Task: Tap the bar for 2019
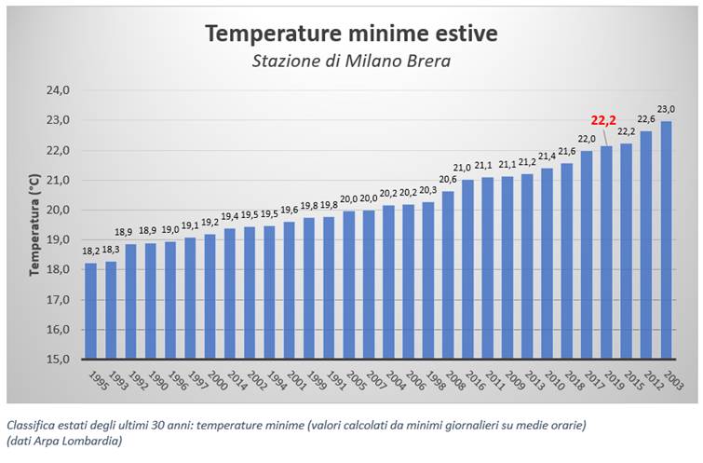(x=607, y=252)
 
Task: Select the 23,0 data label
(x=668, y=109)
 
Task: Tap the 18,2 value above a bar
(x=91, y=252)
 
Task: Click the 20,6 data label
(x=448, y=180)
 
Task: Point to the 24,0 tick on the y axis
(x=59, y=90)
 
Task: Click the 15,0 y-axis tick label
(x=59, y=359)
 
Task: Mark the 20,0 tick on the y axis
(x=59, y=210)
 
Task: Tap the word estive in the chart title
(x=462, y=34)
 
